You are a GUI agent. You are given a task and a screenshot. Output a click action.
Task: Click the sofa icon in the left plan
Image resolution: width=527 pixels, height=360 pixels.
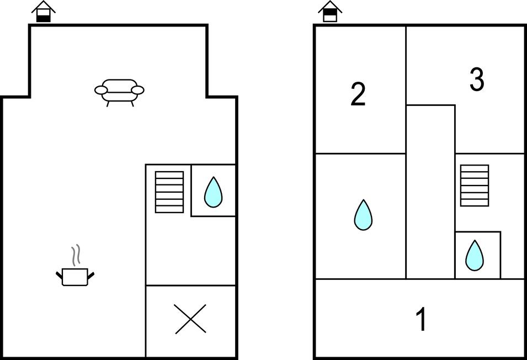119,91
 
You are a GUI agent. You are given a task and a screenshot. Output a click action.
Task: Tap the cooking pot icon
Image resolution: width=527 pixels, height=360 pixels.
75,276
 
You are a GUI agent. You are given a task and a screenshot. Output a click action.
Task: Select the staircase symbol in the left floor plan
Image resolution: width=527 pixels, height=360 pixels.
169,192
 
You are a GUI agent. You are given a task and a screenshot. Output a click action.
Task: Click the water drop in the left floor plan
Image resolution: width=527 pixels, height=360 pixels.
213,192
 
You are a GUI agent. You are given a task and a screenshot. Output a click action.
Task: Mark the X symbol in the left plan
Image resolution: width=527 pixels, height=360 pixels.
190,319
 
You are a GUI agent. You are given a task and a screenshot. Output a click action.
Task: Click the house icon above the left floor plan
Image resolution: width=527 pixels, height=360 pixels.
43,12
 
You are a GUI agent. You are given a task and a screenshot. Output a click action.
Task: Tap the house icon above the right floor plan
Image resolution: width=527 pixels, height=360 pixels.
330,12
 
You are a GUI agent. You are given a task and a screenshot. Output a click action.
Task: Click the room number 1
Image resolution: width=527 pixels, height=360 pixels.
422,319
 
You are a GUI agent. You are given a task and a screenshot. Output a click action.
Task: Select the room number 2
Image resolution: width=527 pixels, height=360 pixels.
358,94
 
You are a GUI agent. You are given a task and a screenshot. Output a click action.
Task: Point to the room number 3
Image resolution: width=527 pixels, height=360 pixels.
477,80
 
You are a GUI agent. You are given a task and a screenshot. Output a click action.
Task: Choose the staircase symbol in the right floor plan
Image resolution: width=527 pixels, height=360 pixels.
475,186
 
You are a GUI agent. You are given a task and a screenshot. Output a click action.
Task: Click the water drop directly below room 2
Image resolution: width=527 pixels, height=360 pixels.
363,215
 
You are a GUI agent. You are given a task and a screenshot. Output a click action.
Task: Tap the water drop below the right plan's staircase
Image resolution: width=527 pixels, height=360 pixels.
474,256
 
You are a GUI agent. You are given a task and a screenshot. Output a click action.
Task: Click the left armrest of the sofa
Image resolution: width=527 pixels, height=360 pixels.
102,89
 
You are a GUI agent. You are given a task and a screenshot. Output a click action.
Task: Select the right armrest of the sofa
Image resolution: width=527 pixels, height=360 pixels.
137,89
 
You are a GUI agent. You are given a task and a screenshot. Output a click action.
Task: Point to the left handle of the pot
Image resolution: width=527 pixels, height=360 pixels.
60,274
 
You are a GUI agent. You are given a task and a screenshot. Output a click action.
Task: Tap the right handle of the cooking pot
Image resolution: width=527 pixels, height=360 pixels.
91,274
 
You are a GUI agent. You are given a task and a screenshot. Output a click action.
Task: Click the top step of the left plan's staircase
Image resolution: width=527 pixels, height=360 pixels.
169,175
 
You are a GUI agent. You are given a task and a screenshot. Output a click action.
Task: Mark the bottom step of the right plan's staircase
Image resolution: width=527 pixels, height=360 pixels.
475,203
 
